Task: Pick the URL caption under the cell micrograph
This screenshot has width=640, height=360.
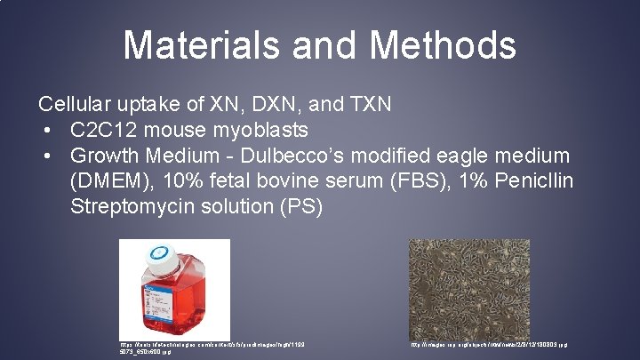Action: pyautogui.click(x=488, y=344)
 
